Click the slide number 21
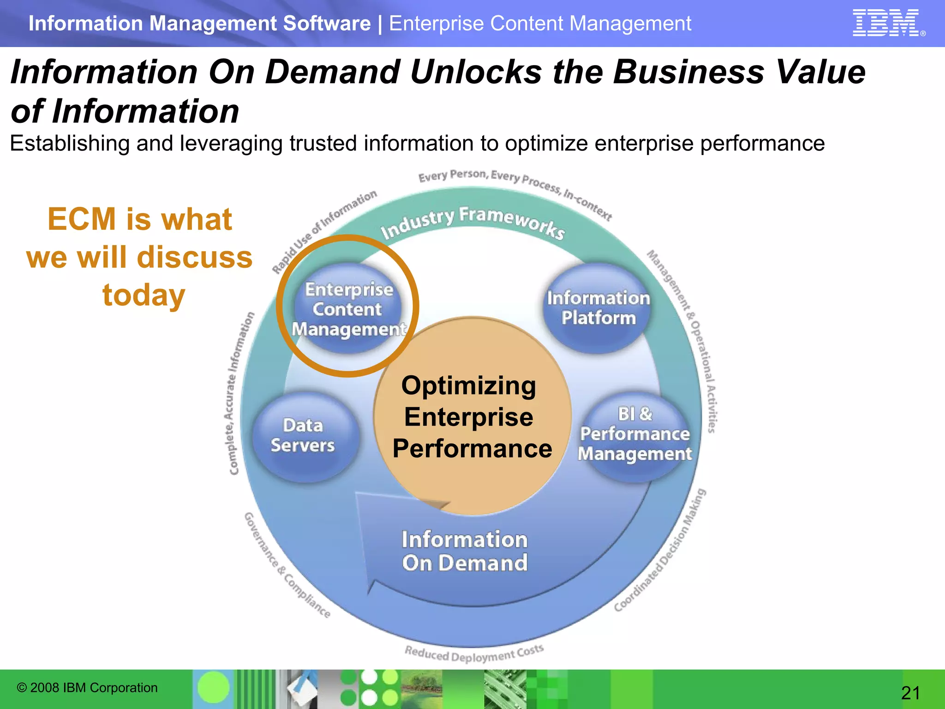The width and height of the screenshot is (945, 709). click(x=910, y=693)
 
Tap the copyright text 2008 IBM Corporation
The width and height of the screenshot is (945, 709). click(x=87, y=688)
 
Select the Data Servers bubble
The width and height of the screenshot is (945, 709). click(x=303, y=436)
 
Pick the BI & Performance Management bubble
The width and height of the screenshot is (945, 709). click(x=635, y=434)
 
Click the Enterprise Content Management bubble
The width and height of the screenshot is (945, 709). click(x=348, y=309)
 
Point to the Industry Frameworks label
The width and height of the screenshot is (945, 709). click(x=472, y=222)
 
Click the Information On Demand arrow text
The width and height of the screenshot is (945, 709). click(x=464, y=551)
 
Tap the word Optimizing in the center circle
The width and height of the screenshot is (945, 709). click(x=468, y=386)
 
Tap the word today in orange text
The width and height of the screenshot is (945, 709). click(x=144, y=295)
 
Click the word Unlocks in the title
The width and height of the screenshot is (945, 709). click(x=475, y=72)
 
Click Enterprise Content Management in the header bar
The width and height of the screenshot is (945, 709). click(x=540, y=24)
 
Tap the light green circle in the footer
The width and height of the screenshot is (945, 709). click(x=213, y=687)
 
